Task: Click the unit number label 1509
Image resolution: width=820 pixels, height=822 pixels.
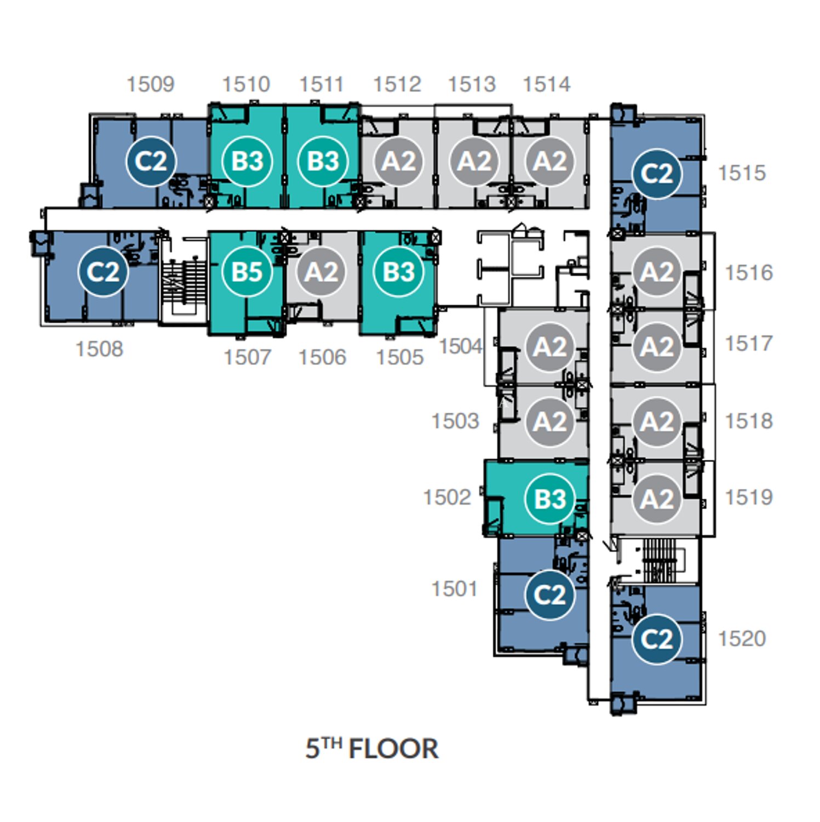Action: (x=151, y=84)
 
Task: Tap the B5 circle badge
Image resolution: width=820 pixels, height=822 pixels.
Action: (x=247, y=272)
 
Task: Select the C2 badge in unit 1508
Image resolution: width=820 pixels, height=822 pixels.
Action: (x=103, y=272)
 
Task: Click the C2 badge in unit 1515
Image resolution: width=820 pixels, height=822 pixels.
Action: (x=657, y=174)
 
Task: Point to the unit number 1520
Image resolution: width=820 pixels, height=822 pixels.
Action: (x=742, y=638)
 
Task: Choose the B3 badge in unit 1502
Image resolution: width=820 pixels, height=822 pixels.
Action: (x=550, y=499)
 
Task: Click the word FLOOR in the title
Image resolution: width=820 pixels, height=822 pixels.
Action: (x=393, y=749)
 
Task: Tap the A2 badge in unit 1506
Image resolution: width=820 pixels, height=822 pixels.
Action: (x=322, y=272)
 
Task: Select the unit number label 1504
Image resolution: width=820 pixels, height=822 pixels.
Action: (x=461, y=346)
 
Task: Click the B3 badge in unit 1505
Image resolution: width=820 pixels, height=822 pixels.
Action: (x=399, y=272)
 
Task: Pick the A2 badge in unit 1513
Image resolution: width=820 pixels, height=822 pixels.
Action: (x=474, y=161)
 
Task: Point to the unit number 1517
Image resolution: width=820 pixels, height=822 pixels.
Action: (x=749, y=344)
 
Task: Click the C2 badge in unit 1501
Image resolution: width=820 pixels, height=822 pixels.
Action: (x=550, y=595)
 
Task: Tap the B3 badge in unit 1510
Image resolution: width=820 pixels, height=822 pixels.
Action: (x=247, y=161)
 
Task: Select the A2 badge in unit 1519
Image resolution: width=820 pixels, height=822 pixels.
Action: (x=657, y=499)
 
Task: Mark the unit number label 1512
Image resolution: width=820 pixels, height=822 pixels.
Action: (x=397, y=84)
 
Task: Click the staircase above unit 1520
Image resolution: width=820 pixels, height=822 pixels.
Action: (x=660, y=560)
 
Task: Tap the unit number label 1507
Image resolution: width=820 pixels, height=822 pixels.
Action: (x=248, y=357)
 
